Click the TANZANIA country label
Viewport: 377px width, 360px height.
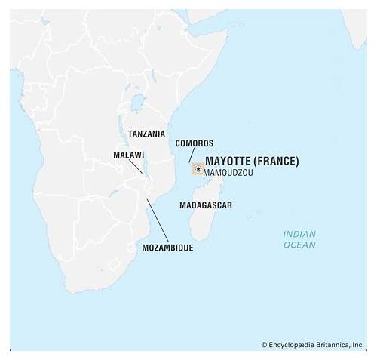(146, 134)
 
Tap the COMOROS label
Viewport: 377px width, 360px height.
(194, 143)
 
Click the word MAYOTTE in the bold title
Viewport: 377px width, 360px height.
(227, 161)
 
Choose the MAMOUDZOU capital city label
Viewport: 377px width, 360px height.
(228, 173)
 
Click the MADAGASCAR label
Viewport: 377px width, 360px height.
(205, 205)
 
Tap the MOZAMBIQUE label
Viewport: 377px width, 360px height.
(167, 248)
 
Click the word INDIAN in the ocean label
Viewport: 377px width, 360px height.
(299, 234)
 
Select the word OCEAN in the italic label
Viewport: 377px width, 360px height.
(299, 245)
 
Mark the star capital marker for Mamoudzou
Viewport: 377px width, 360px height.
(198, 169)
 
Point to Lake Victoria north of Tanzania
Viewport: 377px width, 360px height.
(136, 100)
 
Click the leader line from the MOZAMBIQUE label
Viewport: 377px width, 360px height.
(157, 219)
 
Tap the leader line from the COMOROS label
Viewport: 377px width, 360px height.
(190, 155)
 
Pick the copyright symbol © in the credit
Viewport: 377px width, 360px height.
(265, 345)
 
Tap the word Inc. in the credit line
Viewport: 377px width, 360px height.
(357, 345)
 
